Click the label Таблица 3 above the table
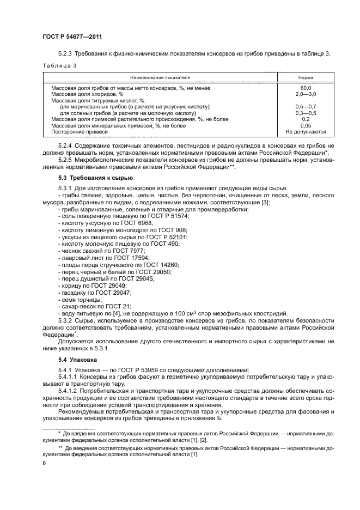click(x=58, y=65)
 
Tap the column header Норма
click(x=306, y=77)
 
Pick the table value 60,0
click(x=306, y=88)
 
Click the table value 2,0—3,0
click(x=306, y=94)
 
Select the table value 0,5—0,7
click(x=306, y=107)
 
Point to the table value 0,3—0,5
click(x=306, y=113)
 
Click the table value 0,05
click(x=306, y=125)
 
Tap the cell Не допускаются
click(x=306, y=132)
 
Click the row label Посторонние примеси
click(x=80, y=132)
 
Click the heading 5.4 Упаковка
click(x=77, y=361)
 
